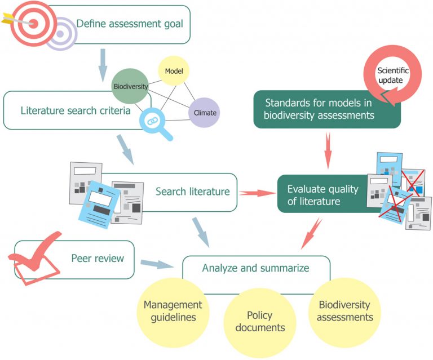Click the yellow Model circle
pos(174,70)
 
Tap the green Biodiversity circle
pos(130,86)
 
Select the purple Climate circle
pos(204,113)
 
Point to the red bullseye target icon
pos(34,24)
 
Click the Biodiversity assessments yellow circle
pos(344,312)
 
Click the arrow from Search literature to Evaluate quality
pos(257,193)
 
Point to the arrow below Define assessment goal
pos(103,65)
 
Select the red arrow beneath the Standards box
pos(328,150)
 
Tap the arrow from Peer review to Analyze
pos(157,264)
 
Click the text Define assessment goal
pos(130,24)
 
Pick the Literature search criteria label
pos(76,110)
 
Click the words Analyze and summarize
pos(256,268)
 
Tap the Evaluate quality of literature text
pos(322,195)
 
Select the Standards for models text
pos(319,109)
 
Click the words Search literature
pos(192,192)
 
